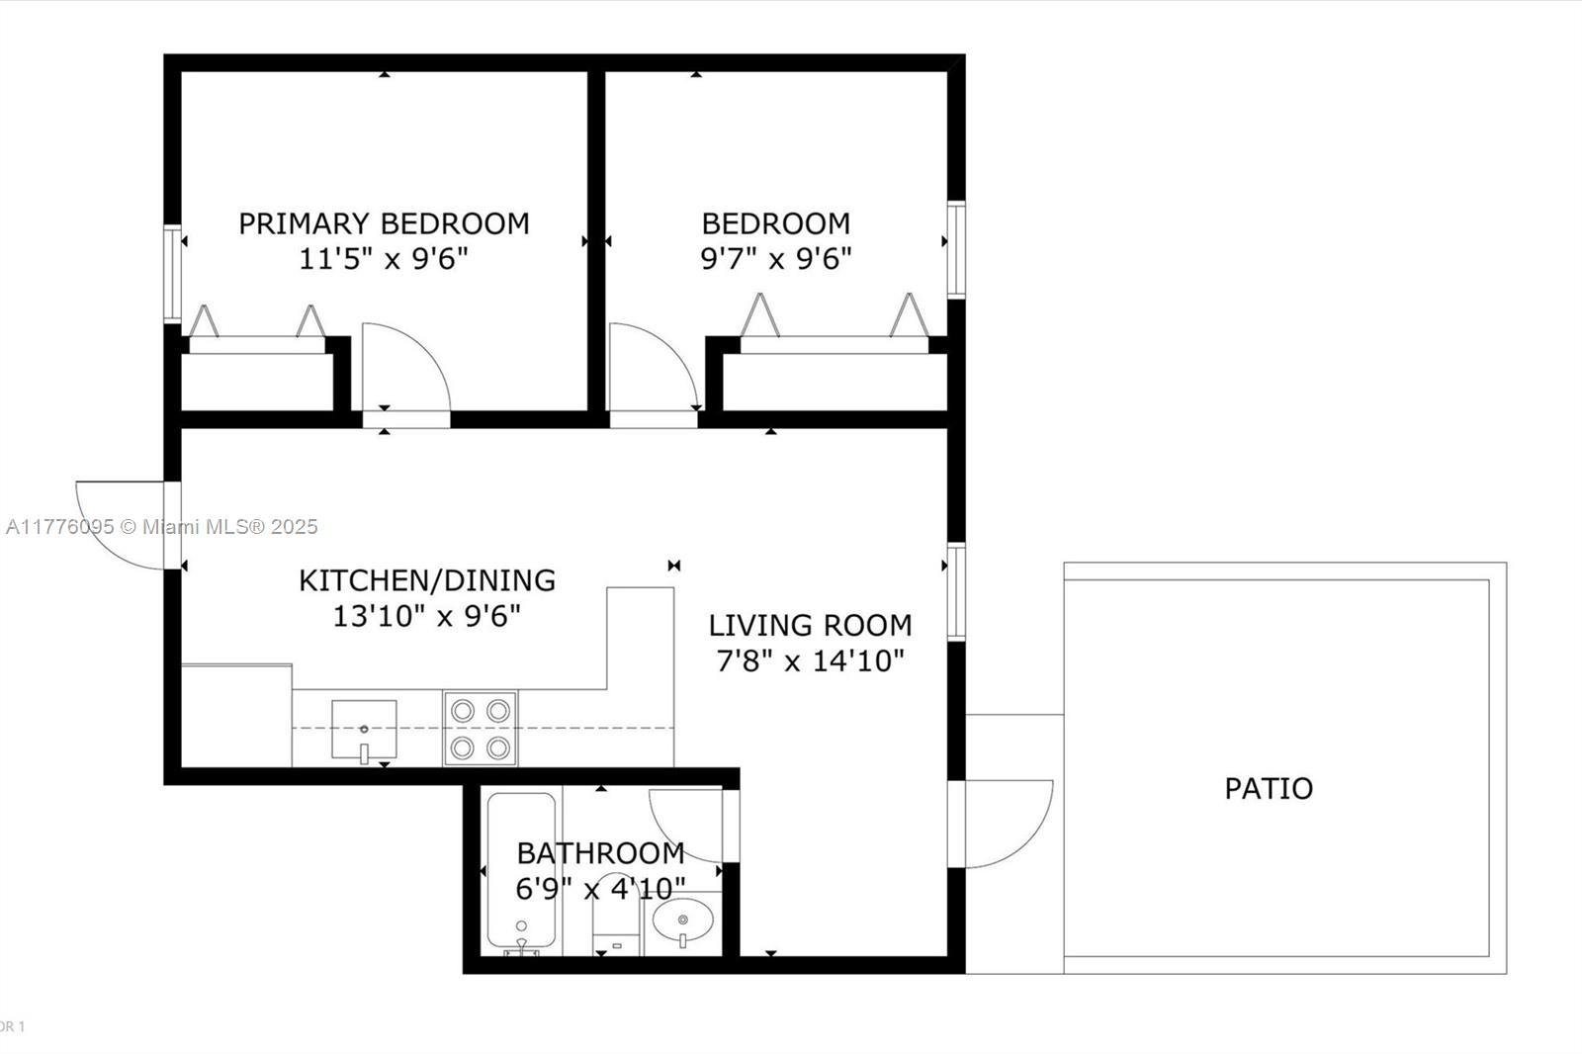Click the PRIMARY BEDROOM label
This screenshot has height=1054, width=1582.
(x=384, y=223)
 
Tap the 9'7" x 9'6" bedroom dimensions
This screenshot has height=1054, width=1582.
(x=775, y=258)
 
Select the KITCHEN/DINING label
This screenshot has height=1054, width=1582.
(x=426, y=580)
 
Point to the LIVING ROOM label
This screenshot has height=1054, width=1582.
(x=810, y=625)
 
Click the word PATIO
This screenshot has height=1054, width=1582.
(x=1269, y=788)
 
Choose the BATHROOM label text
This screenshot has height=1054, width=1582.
(x=600, y=853)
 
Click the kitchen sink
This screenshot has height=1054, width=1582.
(x=364, y=730)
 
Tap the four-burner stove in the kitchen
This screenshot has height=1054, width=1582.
(x=481, y=729)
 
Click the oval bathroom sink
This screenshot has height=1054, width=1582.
(x=683, y=921)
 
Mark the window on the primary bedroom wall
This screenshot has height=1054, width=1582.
(x=172, y=274)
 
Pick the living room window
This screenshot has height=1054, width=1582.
(x=956, y=591)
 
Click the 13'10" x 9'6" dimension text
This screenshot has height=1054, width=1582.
(x=426, y=616)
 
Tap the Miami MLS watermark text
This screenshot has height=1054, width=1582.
(x=162, y=527)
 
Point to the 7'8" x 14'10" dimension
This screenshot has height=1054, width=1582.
(x=810, y=661)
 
